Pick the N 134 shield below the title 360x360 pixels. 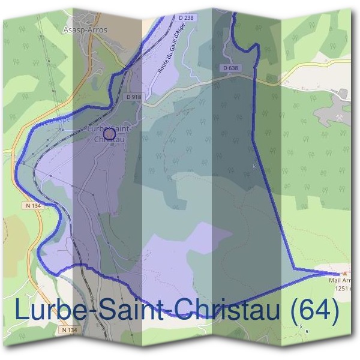[69, 329]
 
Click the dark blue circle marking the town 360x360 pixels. [109, 133]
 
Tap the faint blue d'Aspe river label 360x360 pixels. [59, 119]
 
